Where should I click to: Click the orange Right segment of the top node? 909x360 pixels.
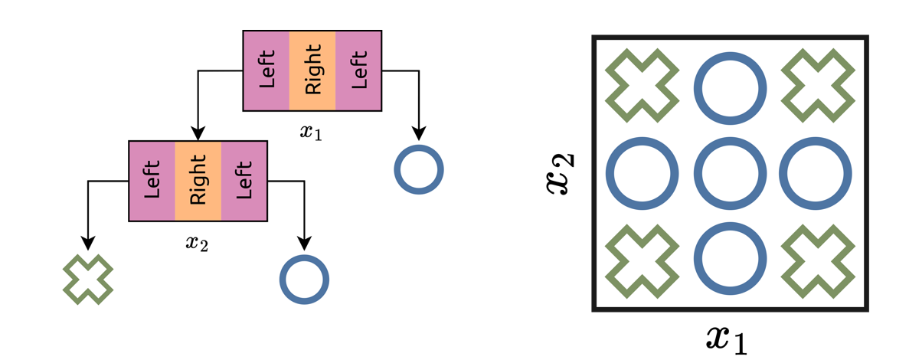tap(312, 70)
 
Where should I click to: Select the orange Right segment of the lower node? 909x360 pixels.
tap(198, 181)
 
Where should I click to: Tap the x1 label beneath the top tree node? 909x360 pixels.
tap(311, 133)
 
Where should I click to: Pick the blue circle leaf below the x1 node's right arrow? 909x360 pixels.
tap(419, 169)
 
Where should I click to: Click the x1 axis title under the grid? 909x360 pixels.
tap(726, 337)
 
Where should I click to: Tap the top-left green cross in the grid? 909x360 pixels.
tap(642, 86)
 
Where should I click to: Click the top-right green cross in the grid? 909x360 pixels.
tap(818, 86)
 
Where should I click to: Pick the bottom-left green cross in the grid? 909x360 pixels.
tap(642, 260)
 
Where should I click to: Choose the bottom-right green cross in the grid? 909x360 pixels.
tap(818, 260)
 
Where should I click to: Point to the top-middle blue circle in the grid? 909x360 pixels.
tap(730, 86)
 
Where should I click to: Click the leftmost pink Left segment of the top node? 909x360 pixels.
tap(266, 70)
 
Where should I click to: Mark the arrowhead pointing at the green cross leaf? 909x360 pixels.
tap(88, 244)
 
